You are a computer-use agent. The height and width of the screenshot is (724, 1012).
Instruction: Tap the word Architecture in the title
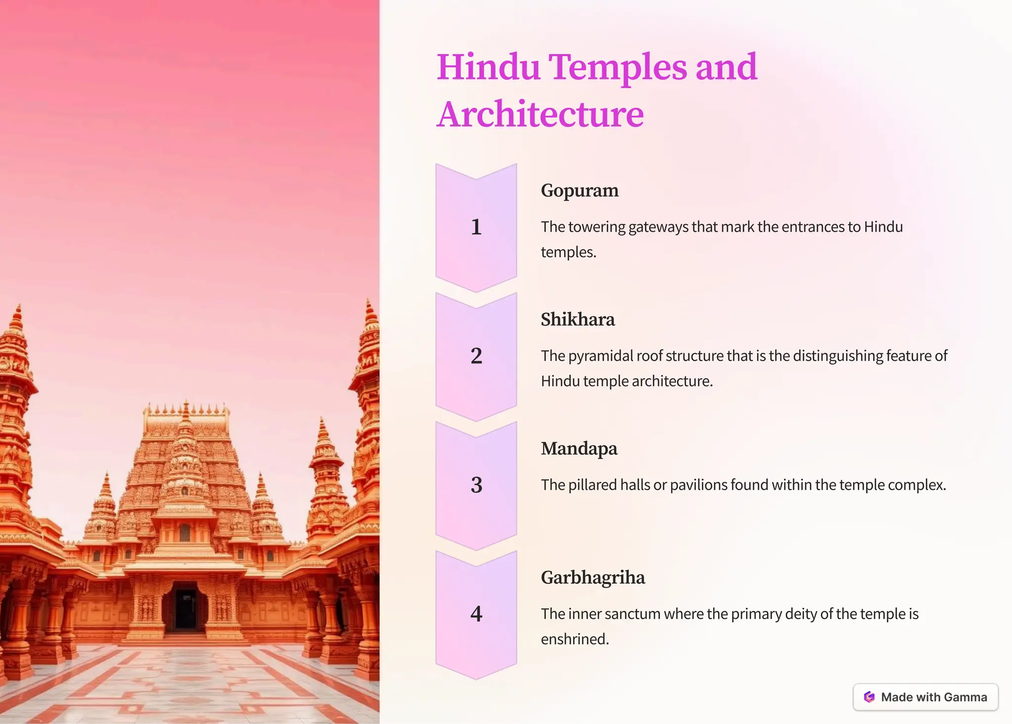pos(540,114)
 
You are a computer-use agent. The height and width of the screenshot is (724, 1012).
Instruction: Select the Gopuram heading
pos(580,190)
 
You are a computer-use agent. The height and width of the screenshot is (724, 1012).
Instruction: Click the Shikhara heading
pos(578,319)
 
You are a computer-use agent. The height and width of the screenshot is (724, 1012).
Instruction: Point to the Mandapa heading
pos(579,448)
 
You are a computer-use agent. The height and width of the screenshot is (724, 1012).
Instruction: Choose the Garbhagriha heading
pos(593,577)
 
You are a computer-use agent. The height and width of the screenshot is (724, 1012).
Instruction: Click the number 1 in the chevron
pos(476,227)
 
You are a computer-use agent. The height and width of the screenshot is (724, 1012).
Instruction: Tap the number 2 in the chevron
pos(476,356)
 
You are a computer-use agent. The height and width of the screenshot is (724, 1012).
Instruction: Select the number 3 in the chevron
pos(476,485)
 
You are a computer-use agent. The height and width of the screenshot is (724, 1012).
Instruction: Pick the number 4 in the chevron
pos(476,614)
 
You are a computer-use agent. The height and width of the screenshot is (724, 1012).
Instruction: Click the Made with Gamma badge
pos(925,697)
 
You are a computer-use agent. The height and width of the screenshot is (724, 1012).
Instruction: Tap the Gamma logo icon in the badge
pos(869,697)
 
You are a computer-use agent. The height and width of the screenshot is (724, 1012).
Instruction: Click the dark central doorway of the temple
pos(186,608)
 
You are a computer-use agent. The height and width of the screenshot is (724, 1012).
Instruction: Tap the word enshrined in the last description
pos(575,639)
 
